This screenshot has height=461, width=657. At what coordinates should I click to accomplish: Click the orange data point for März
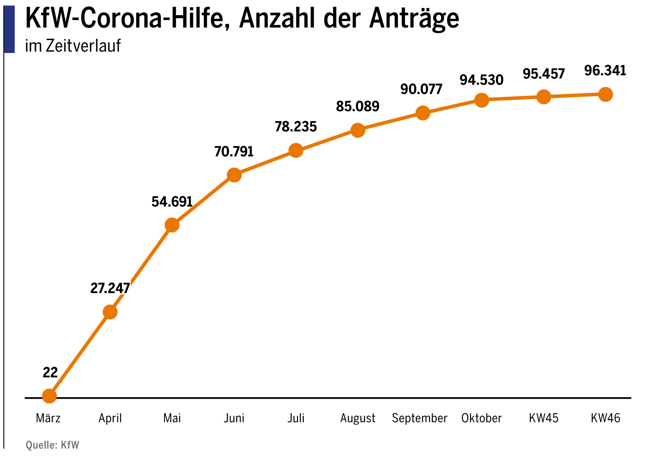49,396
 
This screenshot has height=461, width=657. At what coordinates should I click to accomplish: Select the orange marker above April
110,312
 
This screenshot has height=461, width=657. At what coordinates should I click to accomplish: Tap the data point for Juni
234,175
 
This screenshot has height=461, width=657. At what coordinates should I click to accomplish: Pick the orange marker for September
423,113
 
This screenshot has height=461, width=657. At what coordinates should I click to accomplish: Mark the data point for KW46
605,94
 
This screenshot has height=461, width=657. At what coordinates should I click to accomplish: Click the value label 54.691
172,202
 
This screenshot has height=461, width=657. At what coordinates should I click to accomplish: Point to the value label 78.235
296,127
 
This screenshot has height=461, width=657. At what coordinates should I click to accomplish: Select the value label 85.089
358,107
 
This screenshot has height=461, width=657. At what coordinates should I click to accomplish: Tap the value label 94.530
481,80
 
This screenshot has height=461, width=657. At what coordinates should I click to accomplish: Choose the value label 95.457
543,74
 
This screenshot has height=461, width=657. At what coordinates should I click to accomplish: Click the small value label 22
50,372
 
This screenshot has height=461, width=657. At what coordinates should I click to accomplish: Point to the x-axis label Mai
172,418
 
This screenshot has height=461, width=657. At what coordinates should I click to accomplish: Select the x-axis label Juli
296,418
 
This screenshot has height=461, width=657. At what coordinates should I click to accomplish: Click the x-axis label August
358,418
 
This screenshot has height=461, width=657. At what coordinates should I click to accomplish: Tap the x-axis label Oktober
481,418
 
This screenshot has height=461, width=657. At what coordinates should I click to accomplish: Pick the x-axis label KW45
543,418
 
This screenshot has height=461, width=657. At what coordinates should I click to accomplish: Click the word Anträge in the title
414,19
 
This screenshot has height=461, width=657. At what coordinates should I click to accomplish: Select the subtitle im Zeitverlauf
73,46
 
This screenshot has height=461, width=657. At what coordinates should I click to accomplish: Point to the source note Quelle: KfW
52,445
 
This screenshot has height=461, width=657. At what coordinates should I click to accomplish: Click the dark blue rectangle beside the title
9,29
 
